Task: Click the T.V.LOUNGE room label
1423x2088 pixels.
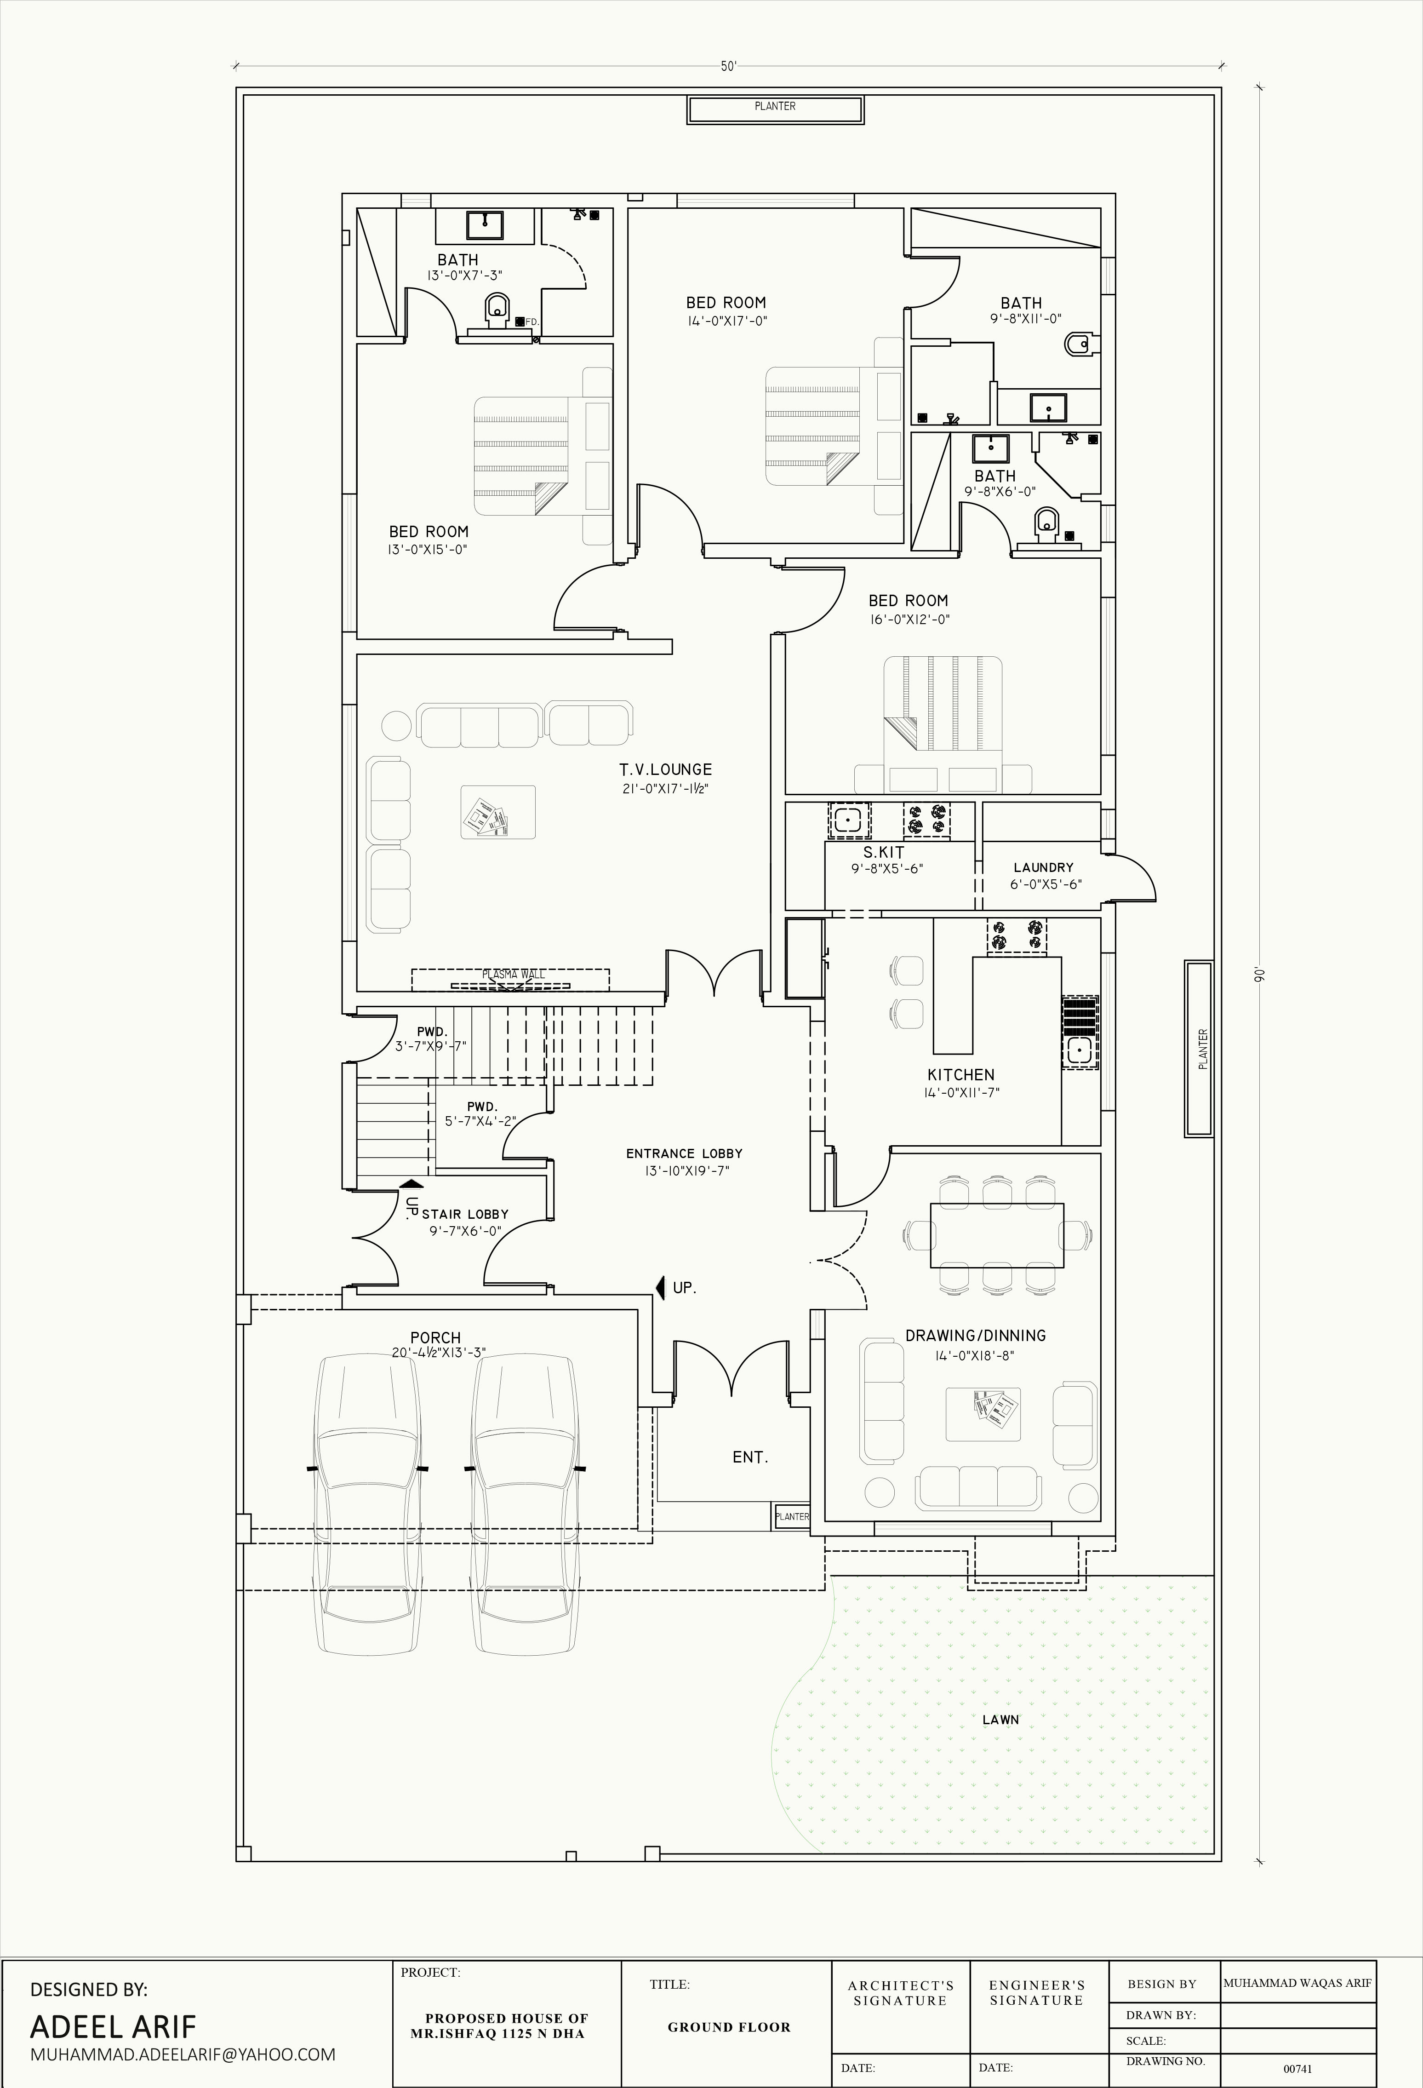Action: [x=665, y=769]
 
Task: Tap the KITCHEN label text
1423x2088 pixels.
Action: [x=960, y=1074]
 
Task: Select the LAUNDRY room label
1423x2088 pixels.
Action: [x=1043, y=867]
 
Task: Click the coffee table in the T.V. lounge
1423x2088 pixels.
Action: [x=497, y=812]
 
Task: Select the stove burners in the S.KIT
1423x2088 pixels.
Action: [x=926, y=820]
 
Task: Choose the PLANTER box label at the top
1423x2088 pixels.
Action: [x=775, y=106]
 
